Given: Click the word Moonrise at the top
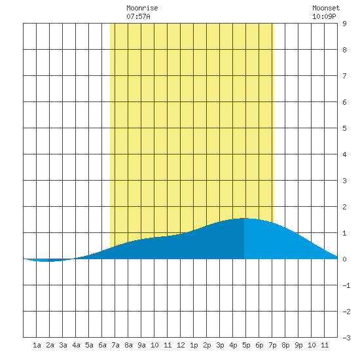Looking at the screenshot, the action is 142,8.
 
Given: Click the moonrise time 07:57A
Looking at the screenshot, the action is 139,16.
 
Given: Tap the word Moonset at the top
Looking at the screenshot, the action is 326,8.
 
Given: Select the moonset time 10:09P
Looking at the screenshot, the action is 324,16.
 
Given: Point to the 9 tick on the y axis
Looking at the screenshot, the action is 344,24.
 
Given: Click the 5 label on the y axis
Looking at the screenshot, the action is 344,128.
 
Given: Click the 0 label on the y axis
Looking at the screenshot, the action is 344,259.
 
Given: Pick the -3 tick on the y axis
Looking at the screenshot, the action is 346,338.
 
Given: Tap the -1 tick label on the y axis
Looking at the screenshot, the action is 346,285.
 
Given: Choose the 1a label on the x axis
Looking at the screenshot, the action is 37,345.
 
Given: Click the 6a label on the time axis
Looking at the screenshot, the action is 102,345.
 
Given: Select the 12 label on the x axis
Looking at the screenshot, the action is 181,345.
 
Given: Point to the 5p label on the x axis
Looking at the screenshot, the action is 246,345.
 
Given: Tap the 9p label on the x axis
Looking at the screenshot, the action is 298,345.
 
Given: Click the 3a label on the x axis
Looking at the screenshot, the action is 63,345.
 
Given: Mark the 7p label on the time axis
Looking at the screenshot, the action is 272,345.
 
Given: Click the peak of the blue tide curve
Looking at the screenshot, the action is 244,218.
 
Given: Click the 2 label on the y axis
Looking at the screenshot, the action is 344,207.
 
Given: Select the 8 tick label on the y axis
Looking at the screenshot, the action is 344,50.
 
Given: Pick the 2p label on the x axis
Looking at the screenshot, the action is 207,345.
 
